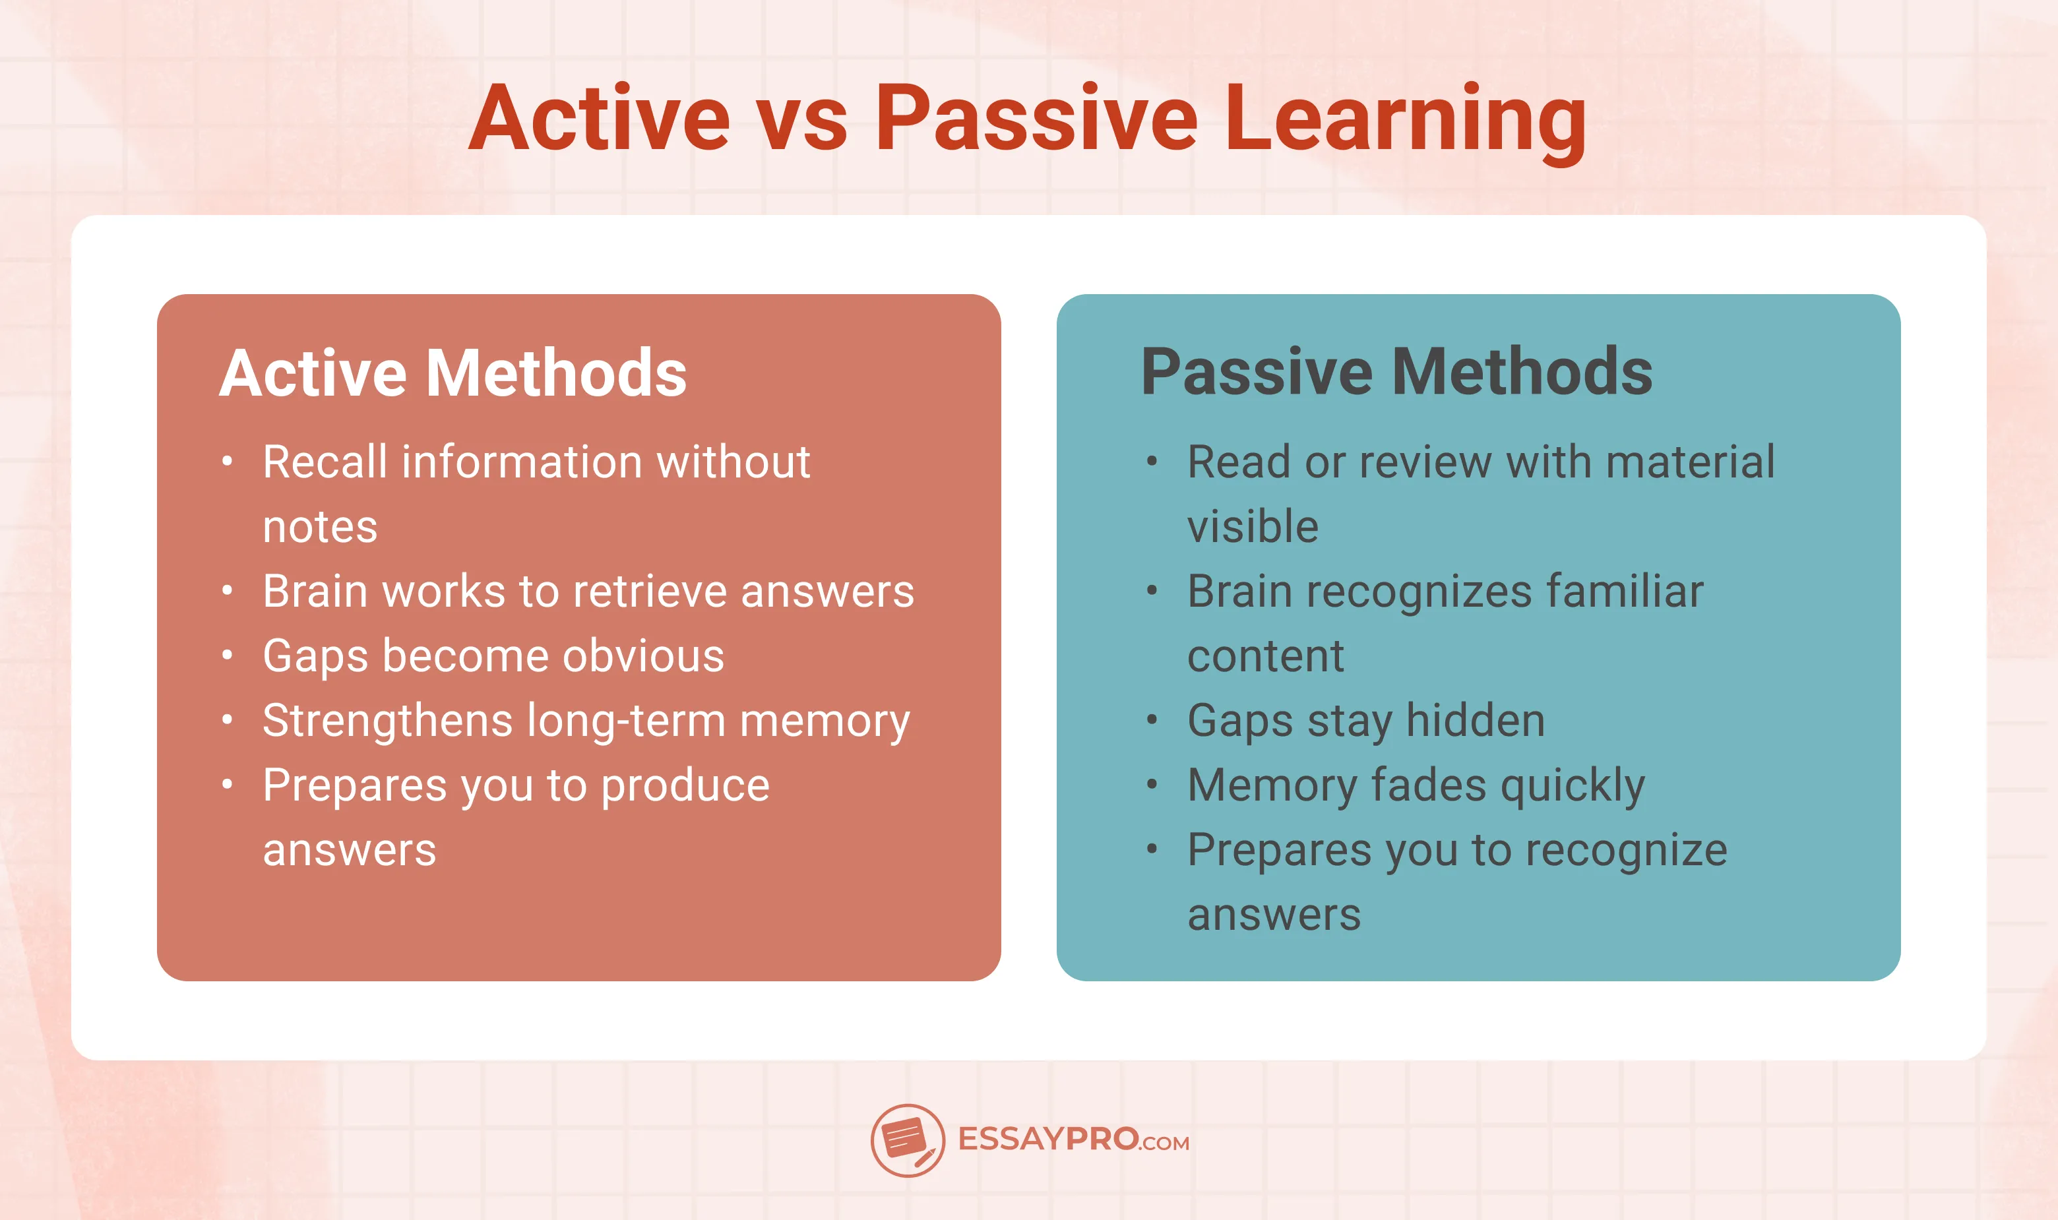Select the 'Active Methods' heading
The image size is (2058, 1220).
[452, 373]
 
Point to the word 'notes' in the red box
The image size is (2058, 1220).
[320, 527]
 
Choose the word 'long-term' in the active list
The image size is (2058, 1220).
[626, 721]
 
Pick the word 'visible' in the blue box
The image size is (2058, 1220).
[1252, 527]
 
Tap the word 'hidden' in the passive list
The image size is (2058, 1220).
[1475, 721]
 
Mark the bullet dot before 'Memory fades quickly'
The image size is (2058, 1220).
[1152, 784]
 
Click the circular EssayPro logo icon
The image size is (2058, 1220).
[907, 1140]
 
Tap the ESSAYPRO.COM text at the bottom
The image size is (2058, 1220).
[1073, 1140]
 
